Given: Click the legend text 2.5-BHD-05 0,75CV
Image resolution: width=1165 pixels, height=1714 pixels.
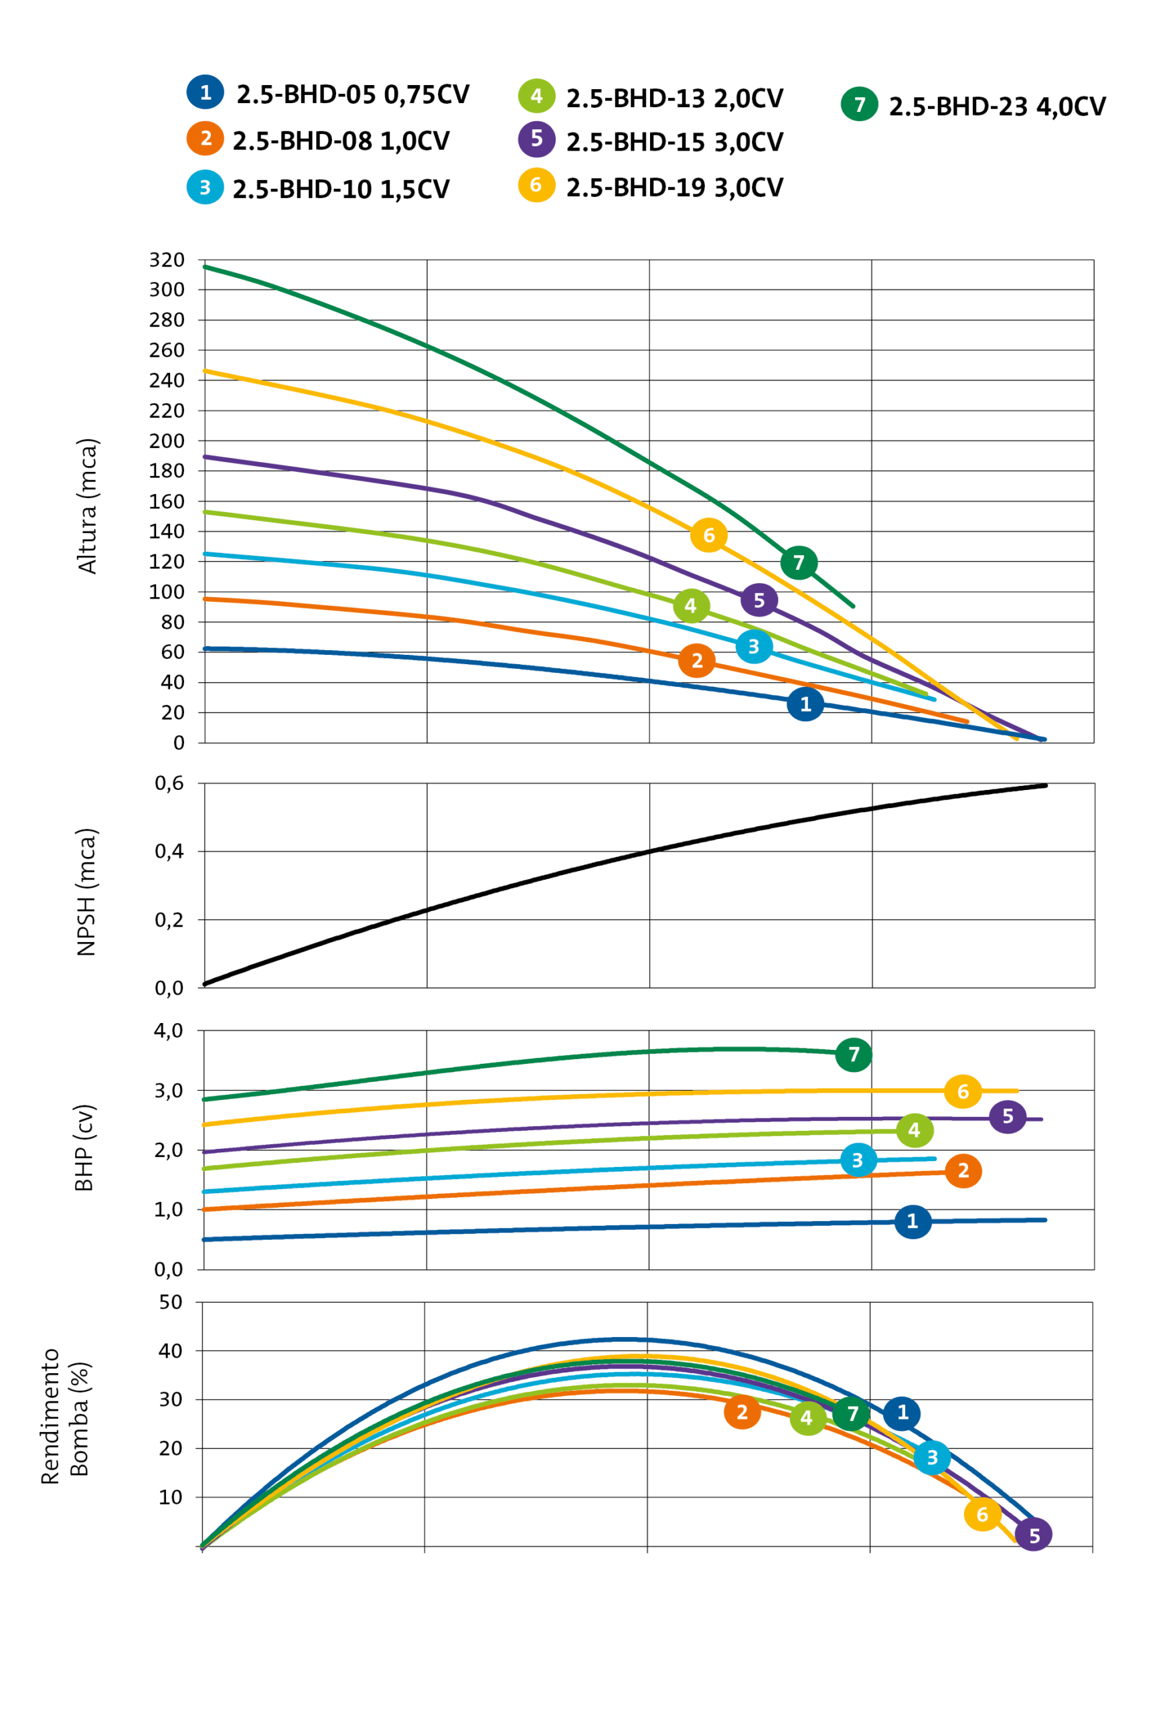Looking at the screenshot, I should tap(352, 94).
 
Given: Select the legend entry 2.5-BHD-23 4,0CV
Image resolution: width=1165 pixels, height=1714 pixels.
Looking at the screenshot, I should tap(996, 106).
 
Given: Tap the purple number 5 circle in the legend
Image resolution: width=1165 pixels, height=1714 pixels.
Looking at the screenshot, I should tap(536, 139).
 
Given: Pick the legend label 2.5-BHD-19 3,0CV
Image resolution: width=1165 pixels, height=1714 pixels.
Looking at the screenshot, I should tap(674, 187).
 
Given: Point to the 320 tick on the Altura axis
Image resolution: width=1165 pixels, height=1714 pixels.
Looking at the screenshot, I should tap(167, 260).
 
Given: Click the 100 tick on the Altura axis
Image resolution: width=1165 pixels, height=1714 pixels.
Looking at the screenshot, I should tap(167, 591).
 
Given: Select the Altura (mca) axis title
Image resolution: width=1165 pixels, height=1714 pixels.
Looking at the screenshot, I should tap(87, 506).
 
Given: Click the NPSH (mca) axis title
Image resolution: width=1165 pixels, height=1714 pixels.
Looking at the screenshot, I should tap(86, 892).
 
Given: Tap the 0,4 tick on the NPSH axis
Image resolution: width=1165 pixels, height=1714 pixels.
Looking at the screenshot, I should tap(169, 851).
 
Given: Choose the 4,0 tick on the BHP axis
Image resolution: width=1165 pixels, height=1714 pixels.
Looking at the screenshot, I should tap(168, 1030).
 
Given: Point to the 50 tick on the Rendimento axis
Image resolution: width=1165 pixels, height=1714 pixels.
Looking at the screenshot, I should tap(170, 1302).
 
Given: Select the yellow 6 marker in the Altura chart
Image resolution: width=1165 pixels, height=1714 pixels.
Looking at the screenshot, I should tap(708, 535).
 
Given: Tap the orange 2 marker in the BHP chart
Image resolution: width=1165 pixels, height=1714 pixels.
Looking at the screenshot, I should tap(963, 1170).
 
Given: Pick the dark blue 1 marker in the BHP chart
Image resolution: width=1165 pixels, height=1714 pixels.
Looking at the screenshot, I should tap(912, 1221).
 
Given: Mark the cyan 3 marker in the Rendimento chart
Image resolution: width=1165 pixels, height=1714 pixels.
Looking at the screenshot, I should tap(931, 1458).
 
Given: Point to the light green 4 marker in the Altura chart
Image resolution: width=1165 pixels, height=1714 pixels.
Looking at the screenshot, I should tap(691, 605).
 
